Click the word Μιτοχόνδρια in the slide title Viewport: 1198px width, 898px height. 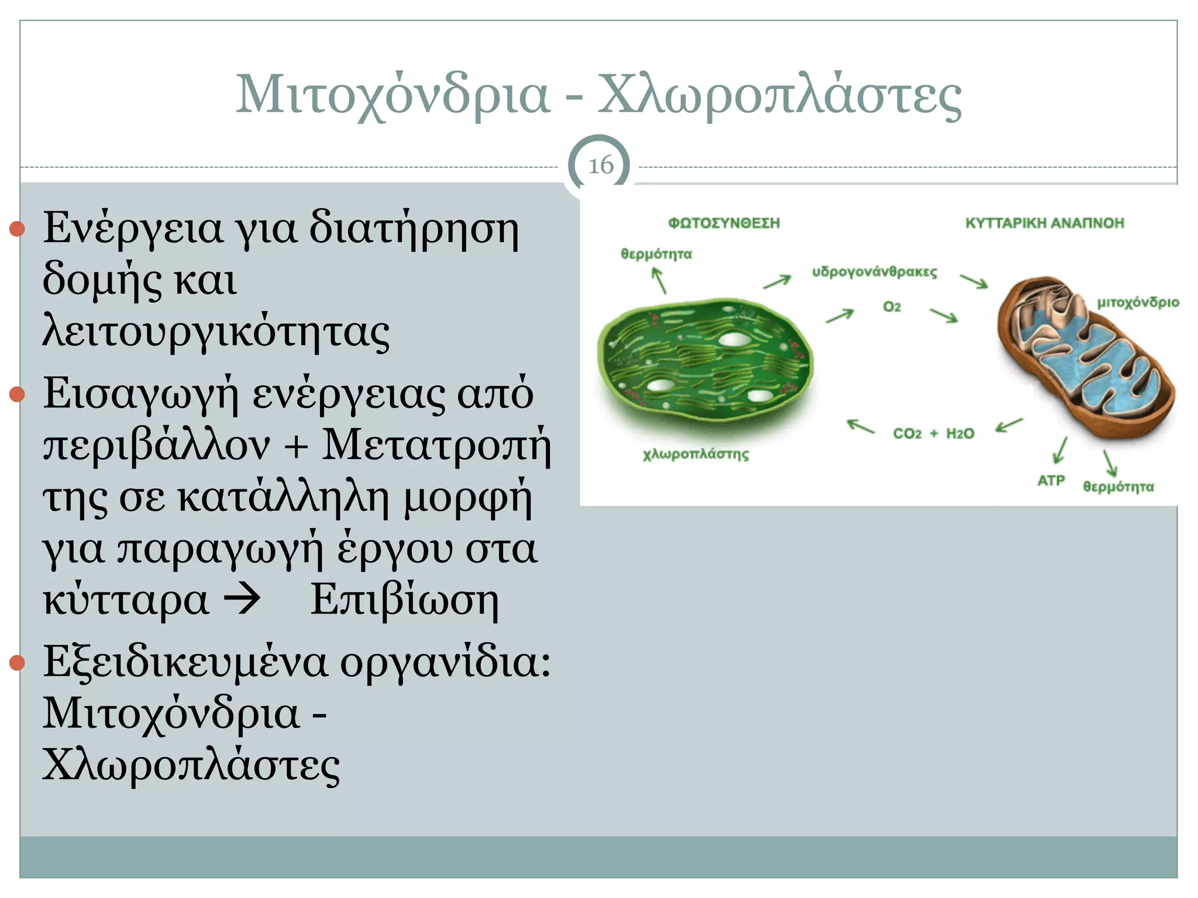point(393,95)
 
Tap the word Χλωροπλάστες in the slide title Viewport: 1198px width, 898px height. point(779,95)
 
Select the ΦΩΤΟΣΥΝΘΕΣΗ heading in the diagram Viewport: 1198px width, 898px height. point(724,223)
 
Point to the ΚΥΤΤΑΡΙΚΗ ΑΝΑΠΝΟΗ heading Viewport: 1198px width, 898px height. point(1045,223)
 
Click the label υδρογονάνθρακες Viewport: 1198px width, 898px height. point(875,272)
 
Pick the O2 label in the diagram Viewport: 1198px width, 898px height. point(891,306)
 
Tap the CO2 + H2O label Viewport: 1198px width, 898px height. point(934,433)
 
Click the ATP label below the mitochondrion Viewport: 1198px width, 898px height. point(1051,481)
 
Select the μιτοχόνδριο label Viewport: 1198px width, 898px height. point(1138,302)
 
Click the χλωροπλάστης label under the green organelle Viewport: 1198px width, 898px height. point(696,454)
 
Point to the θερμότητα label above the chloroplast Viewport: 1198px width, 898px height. point(656,254)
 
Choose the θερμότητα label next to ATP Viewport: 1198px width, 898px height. point(1118,486)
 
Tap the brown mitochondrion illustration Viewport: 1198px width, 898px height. point(1085,357)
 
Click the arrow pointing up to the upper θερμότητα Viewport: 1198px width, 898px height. point(659,281)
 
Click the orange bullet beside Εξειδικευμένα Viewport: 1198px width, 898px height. point(17,662)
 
